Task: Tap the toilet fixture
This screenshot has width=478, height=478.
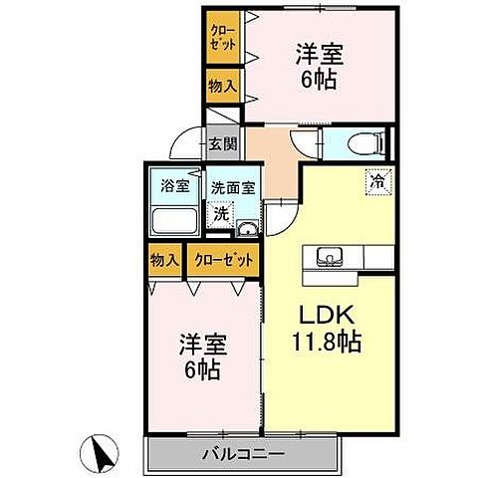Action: coord(365,143)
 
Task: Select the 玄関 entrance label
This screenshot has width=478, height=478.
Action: coord(222,142)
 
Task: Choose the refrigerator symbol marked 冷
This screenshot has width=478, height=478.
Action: coord(378,182)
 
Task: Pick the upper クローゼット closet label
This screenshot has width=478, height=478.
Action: coord(222,38)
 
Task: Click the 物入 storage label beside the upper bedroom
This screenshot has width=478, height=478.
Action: coord(222,87)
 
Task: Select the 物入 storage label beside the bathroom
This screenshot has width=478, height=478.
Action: coord(164,260)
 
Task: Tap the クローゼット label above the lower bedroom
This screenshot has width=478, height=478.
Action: coord(223,260)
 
